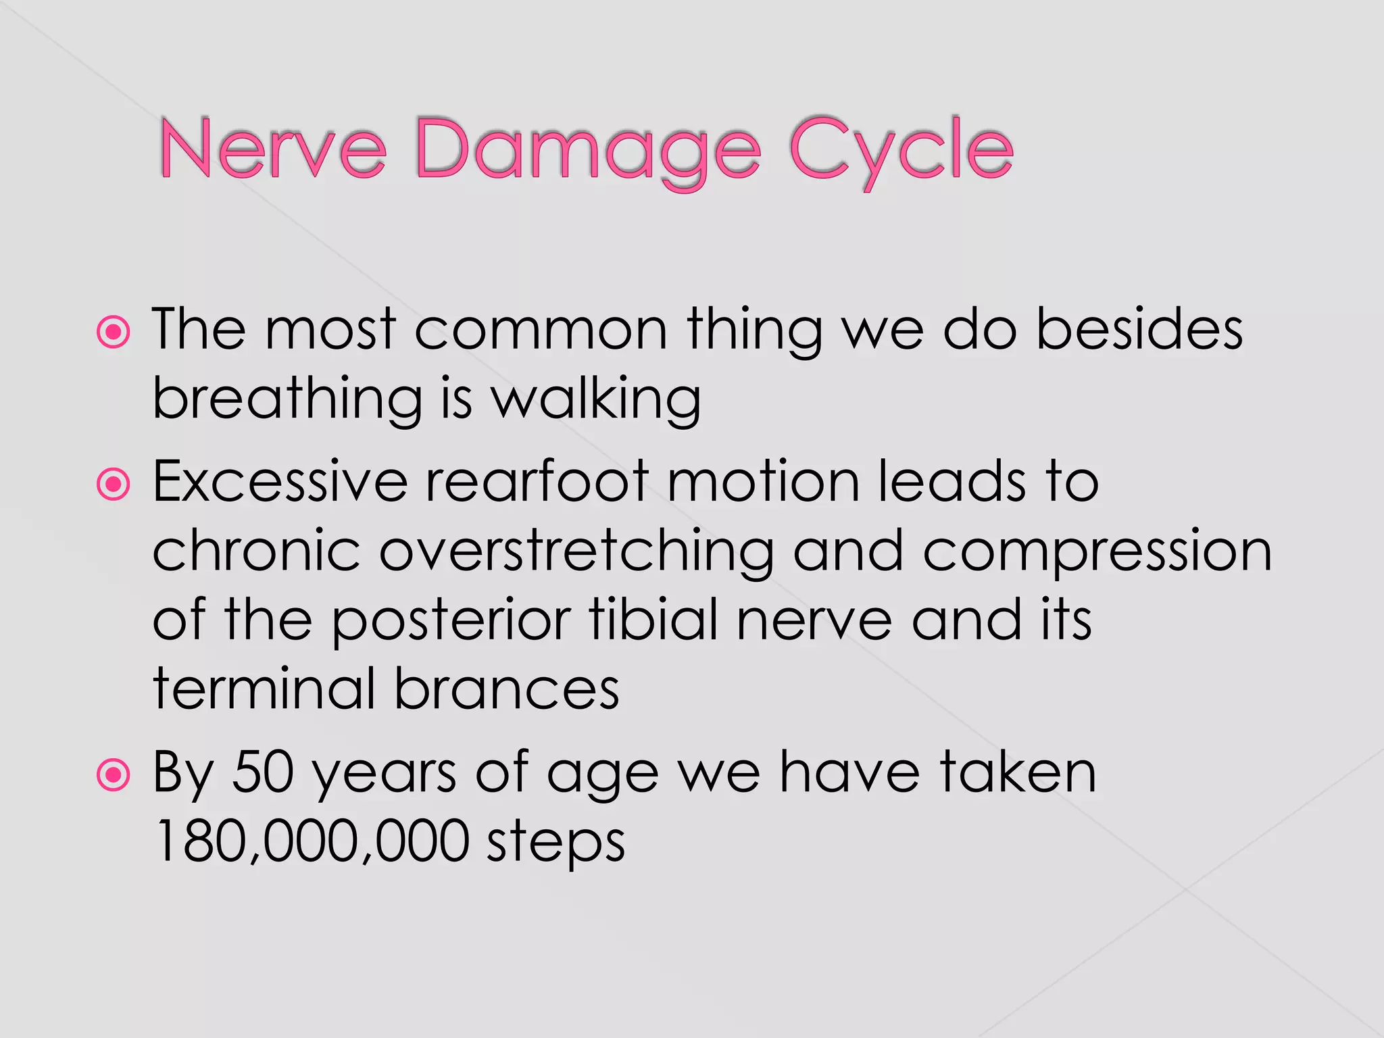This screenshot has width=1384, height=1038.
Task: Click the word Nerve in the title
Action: coord(273,149)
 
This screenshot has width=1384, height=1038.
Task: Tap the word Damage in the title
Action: coord(588,152)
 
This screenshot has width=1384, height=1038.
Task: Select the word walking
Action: coord(595,400)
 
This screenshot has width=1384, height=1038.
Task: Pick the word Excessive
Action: coord(280,482)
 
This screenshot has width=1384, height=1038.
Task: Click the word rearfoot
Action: coord(538,482)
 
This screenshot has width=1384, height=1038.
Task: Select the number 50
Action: coord(263,772)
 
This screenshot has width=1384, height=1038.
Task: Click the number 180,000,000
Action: coord(312,841)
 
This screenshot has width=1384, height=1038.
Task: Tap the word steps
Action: coord(555,845)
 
